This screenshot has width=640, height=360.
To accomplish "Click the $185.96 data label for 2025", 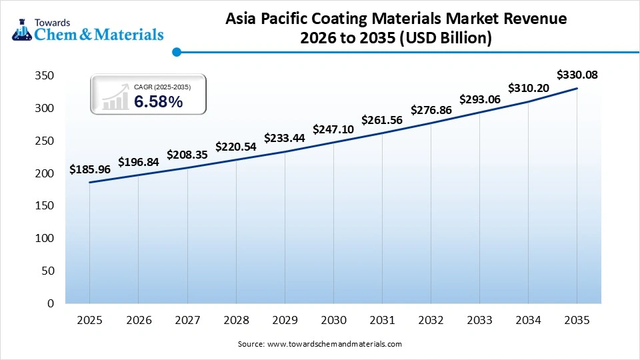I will tap(89, 170).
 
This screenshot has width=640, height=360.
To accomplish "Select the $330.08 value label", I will tap(577, 75).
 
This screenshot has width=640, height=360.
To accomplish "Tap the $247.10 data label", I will tap(333, 129).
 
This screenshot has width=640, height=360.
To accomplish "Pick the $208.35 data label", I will tap(187, 154).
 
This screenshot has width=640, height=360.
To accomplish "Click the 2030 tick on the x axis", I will tap(333, 321).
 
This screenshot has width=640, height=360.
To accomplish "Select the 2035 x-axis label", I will tap(577, 321).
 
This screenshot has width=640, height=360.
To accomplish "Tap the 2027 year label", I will tap(187, 321).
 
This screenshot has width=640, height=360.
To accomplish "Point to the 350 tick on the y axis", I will tap(44, 76).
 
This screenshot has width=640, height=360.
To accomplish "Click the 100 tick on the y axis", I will tap(44, 239).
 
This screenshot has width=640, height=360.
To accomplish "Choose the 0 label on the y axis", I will tap(51, 303).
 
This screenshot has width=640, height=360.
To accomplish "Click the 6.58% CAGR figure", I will tap(158, 101).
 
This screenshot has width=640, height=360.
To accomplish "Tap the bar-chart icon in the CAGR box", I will tap(115, 97).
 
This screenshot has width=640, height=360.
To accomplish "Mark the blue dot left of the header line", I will tap(176, 51).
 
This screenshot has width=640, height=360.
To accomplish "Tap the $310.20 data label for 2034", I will tap(528, 88).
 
